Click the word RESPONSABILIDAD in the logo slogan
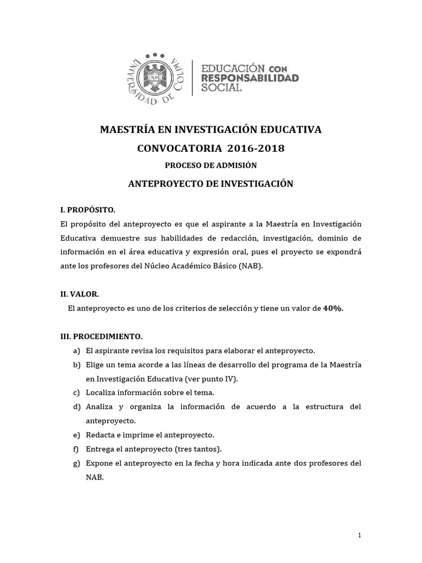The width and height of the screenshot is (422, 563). [251, 78]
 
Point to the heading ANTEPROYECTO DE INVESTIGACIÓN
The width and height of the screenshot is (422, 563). [211, 184]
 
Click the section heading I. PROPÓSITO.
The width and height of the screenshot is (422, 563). [88, 210]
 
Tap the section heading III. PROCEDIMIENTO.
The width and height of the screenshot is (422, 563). [101, 336]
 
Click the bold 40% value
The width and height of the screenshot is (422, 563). [333, 308]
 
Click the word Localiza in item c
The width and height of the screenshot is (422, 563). [103, 392]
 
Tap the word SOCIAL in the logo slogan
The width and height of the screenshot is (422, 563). [222, 88]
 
